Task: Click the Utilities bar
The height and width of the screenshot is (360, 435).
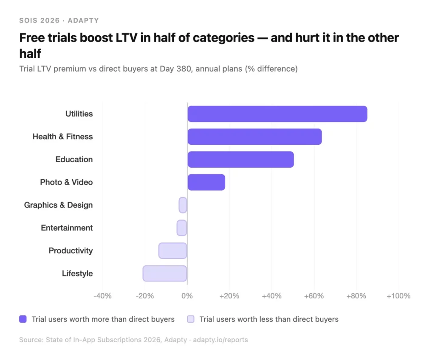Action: [x=277, y=114]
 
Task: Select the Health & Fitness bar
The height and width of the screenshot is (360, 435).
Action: [x=254, y=137]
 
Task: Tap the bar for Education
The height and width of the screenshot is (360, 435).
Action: [x=240, y=160]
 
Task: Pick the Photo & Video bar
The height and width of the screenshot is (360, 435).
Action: [x=206, y=182]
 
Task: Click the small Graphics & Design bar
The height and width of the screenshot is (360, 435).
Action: [x=183, y=205]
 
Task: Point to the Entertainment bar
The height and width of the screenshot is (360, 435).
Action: [x=182, y=228]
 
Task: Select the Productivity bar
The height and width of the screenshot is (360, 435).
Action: [x=172, y=251]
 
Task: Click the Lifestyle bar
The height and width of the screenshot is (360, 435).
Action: [x=165, y=273]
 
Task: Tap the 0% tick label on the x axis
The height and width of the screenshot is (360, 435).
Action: [x=187, y=296]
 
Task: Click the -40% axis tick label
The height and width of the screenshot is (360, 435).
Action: [x=102, y=296]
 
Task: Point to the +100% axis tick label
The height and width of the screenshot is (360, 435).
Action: [x=398, y=296]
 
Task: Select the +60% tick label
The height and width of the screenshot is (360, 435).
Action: [x=314, y=296]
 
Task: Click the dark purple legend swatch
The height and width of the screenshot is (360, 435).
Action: [x=23, y=319]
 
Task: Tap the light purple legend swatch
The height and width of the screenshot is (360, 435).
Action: [x=191, y=319]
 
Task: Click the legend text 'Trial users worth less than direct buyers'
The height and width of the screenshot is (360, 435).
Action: [x=269, y=319]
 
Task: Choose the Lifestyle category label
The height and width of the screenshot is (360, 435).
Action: [x=77, y=273]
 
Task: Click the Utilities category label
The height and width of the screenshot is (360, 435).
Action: [x=79, y=114]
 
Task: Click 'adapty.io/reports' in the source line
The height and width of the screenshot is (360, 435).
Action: [x=220, y=340]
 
